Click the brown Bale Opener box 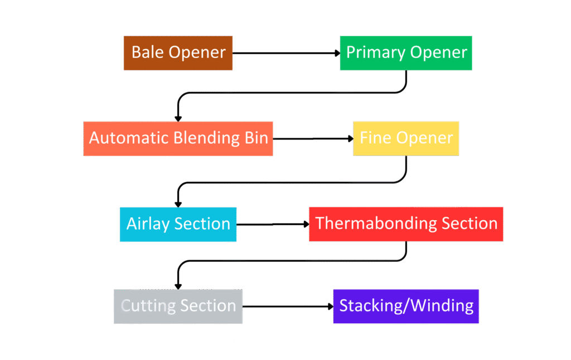click(x=178, y=53)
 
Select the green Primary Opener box click(x=406, y=53)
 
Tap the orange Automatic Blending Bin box click(x=178, y=138)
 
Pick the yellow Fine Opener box click(x=406, y=138)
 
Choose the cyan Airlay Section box click(x=178, y=224)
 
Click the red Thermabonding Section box click(x=406, y=224)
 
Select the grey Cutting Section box click(x=178, y=306)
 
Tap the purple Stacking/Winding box click(x=406, y=306)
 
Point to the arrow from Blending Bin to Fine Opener click(x=312, y=138)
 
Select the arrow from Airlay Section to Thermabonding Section click(x=272, y=224)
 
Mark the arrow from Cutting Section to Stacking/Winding click(x=287, y=306)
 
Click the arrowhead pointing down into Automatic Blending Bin click(x=178, y=118)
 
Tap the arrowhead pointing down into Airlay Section click(x=178, y=203)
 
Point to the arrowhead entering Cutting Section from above click(x=178, y=285)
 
